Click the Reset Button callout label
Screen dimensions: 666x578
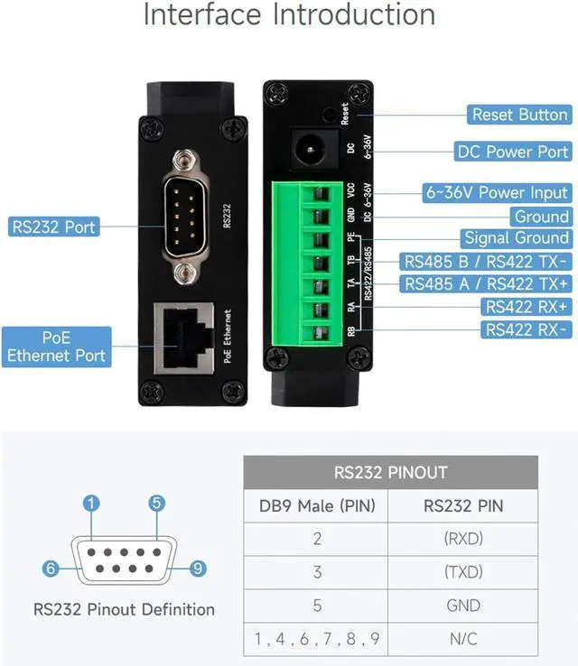click(519, 116)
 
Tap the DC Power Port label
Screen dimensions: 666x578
click(512, 152)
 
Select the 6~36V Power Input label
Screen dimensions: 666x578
click(497, 192)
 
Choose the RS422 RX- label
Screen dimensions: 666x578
click(527, 330)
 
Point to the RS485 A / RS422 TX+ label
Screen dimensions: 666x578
click(486, 284)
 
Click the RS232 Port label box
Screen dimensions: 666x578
click(53, 227)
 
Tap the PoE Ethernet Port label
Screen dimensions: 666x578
click(57, 346)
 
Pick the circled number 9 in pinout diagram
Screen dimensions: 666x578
click(199, 569)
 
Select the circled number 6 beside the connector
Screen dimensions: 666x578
click(51, 569)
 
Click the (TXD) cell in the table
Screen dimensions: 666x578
click(463, 572)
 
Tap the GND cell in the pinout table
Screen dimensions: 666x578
click(463, 606)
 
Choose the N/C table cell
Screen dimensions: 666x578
click(463, 639)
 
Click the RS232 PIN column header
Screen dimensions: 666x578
click(463, 505)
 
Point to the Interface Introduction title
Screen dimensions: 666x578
click(289, 15)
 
